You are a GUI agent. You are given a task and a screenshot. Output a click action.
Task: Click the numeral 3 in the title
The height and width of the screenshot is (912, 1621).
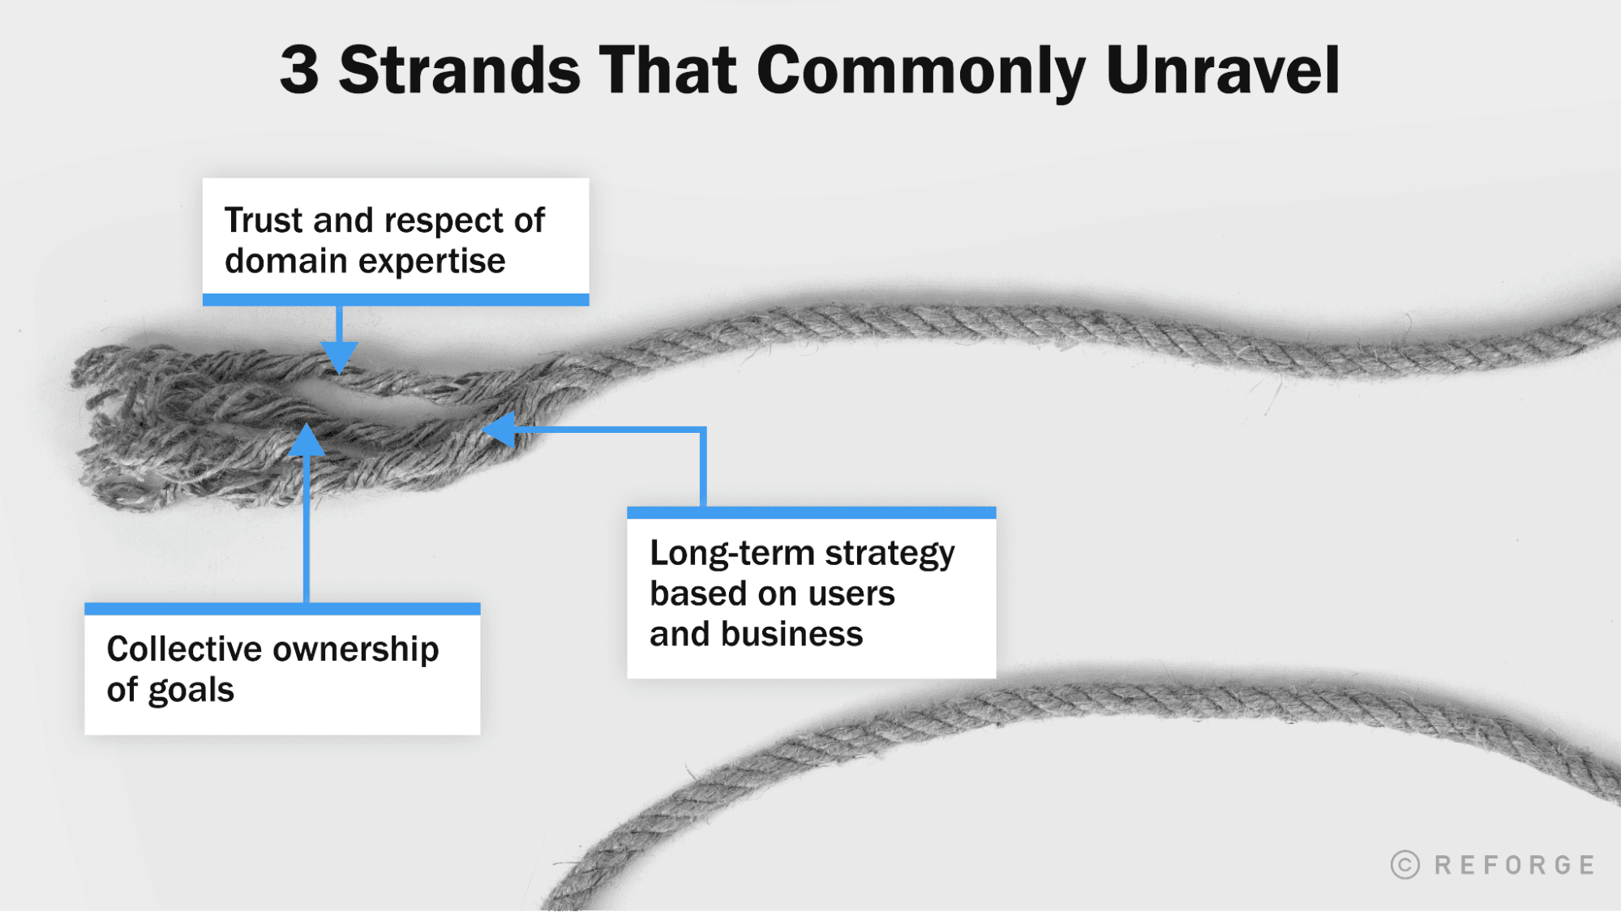[x=299, y=70]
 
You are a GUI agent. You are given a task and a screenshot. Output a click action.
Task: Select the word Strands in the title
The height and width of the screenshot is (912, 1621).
[x=459, y=70]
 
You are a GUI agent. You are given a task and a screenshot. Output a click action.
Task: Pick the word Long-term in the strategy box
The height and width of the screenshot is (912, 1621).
[x=732, y=554]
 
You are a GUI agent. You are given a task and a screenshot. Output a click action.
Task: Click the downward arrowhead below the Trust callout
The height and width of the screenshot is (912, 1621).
[x=339, y=357]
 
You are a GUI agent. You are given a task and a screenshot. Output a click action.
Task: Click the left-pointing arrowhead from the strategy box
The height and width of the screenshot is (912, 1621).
[x=499, y=430]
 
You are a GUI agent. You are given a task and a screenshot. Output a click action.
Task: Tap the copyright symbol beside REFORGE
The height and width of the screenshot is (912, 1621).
[x=1405, y=865]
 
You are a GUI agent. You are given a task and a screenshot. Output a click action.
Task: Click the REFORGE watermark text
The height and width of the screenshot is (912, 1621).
[x=1514, y=865]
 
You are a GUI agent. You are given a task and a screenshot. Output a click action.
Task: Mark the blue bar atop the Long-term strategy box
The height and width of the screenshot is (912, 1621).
[x=811, y=512]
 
